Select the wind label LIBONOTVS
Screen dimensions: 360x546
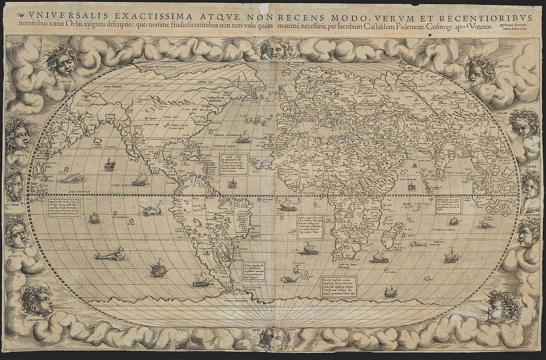pos(33,321)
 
